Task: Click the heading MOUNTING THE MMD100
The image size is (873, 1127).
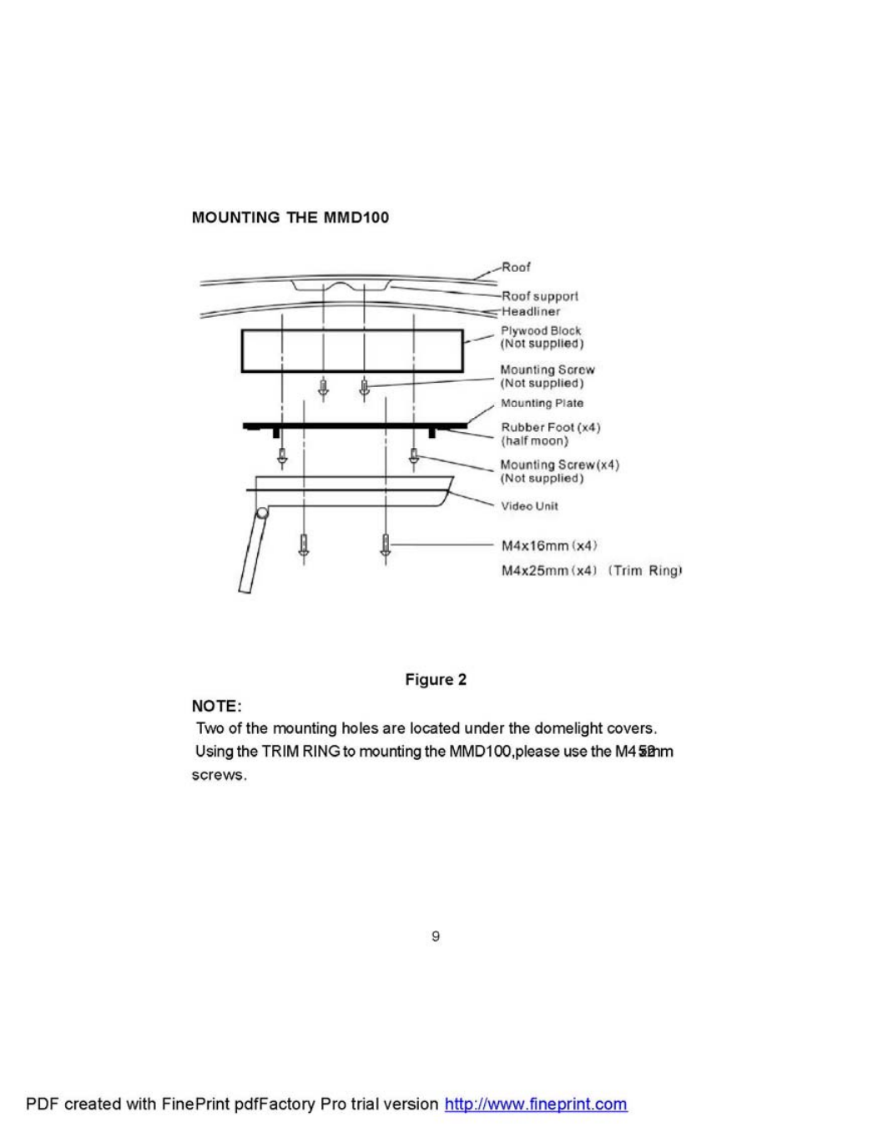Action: [290, 218]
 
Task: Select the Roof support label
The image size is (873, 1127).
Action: [539, 296]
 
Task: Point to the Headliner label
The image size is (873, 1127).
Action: [530, 311]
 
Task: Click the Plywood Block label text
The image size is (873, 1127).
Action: [541, 330]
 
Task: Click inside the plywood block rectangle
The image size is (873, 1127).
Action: [351, 350]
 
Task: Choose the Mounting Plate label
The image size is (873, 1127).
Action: [542, 403]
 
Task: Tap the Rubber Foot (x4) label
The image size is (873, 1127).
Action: [550, 427]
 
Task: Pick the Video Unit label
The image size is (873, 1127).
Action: [529, 506]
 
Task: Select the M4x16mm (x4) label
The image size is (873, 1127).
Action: [548, 546]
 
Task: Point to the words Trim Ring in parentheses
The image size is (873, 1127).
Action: [648, 571]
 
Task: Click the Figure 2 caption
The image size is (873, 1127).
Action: [436, 679]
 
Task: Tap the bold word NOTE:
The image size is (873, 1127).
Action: [216, 706]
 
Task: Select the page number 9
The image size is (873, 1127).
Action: [436, 936]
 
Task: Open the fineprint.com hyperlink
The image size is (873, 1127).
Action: [535, 1104]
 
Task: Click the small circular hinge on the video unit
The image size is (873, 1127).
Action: [263, 515]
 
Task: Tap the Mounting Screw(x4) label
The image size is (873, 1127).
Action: [559, 465]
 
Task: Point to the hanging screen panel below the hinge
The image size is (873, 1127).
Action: [253, 555]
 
